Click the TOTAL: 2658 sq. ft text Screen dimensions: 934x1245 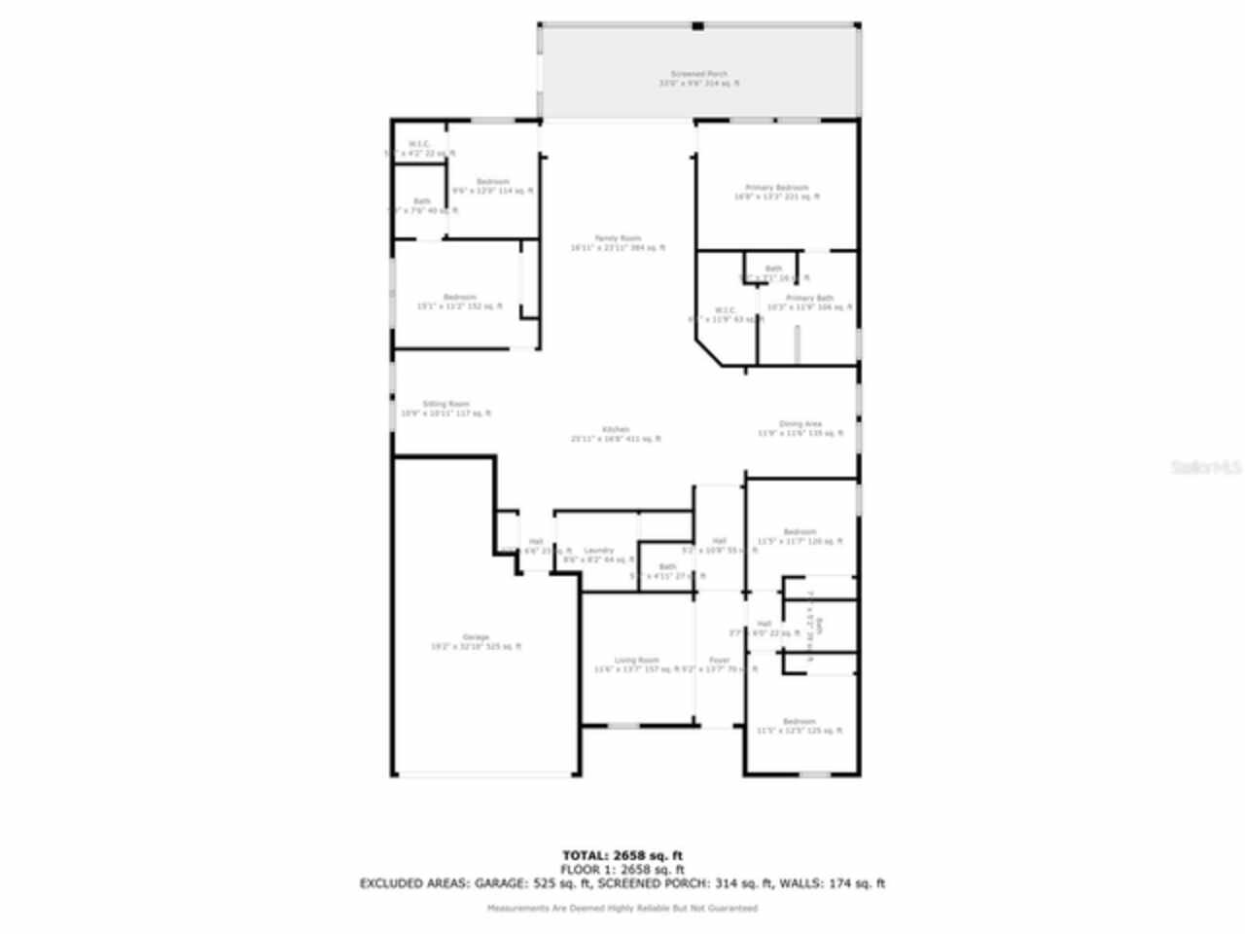point(622,855)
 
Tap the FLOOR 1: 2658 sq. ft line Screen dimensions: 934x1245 point(622,869)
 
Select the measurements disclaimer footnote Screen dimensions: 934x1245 point(622,908)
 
